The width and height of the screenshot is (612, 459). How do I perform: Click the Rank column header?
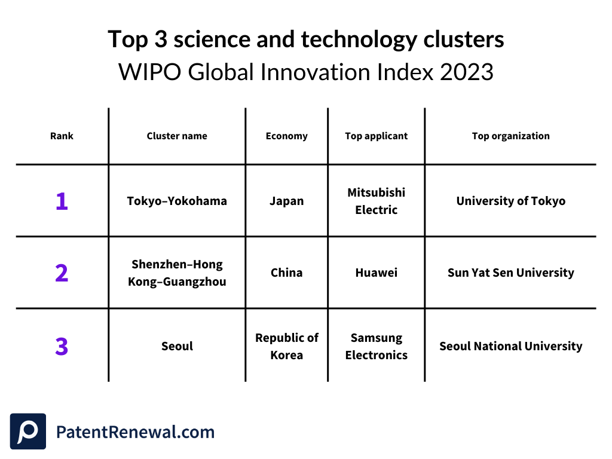(62, 136)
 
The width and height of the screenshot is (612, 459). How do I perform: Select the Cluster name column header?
(177, 136)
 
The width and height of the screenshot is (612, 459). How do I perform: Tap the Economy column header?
(286, 136)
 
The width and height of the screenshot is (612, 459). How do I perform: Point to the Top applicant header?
(376, 136)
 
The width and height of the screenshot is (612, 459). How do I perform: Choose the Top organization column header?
(510, 136)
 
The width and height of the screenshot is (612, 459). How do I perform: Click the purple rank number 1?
(62, 201)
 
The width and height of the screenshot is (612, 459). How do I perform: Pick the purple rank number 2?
(62, 273)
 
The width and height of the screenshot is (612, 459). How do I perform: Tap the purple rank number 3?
(62, 347)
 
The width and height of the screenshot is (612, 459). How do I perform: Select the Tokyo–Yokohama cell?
(177, 201)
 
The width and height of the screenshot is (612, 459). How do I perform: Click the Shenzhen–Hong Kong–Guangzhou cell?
(177, 273)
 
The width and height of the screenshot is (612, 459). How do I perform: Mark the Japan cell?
(286, 201)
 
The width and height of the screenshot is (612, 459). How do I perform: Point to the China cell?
(286, 273)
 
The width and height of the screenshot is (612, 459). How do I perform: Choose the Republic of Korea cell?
(286, 347)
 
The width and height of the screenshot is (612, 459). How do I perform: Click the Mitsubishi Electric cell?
(376, 201)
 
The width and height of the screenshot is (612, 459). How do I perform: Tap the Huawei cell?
(376, 273)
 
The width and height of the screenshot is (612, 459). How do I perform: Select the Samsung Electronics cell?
(376, 347)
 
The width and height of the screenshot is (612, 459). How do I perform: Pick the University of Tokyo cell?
(510, 201)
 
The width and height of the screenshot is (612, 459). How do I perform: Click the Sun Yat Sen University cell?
(510, 273)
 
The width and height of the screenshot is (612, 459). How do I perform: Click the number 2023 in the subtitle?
(466, 72)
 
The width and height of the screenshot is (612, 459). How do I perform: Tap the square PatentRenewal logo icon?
(28, 432)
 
